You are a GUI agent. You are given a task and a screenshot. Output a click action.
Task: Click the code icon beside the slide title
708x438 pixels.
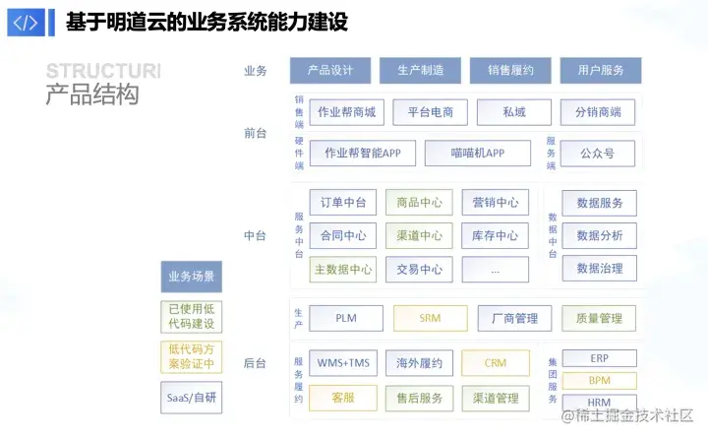26,22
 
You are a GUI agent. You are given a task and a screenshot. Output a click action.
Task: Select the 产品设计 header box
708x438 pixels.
330,71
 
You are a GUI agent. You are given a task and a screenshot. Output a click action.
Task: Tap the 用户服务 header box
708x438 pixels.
601,71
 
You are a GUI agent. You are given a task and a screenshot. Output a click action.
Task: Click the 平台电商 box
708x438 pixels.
431,112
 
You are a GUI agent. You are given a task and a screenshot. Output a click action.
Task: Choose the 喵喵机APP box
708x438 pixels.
478,154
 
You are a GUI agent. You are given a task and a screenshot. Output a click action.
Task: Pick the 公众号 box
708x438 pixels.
598,154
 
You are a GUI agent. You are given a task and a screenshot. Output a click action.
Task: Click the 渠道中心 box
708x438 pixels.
419,236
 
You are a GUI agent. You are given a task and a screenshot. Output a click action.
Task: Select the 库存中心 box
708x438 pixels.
495,236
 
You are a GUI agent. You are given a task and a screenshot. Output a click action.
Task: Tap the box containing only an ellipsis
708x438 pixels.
495,270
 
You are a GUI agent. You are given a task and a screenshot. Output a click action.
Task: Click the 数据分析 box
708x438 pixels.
599,236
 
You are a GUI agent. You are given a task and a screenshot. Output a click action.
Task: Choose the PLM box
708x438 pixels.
346,319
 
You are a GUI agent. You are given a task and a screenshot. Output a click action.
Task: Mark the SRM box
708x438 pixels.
430,319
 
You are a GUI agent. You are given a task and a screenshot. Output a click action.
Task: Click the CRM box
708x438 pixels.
496,363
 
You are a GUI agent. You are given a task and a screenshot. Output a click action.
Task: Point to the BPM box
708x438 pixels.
599,381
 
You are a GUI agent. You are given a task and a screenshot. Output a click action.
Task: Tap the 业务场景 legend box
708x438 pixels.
192,277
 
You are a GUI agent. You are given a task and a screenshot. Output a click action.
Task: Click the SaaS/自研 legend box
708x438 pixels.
192,398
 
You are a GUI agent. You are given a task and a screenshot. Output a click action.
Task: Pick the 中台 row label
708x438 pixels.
256,236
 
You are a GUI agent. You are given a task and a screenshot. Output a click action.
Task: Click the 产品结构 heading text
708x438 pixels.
92,96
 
